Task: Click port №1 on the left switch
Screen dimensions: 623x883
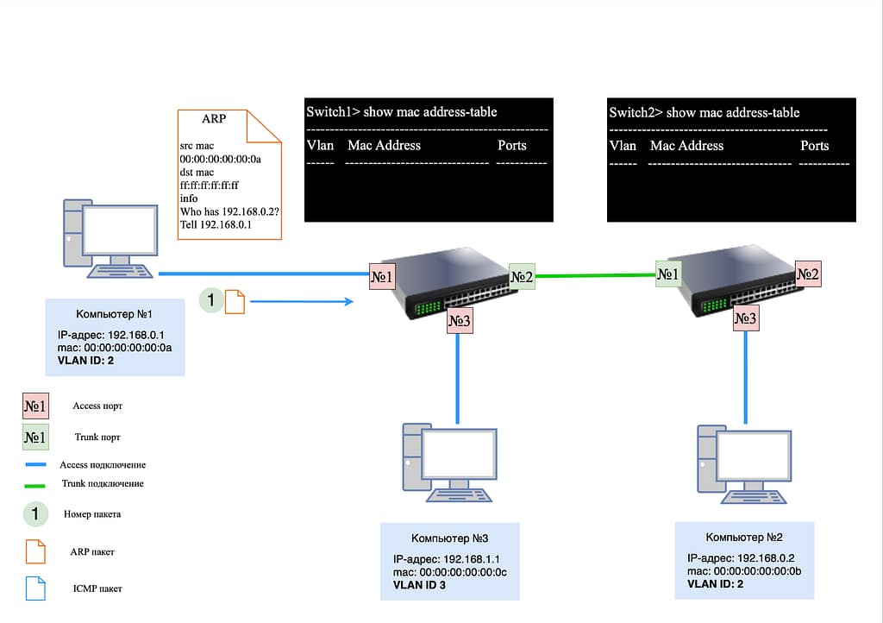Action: tap(382, 277)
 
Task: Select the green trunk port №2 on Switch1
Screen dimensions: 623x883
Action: tap(522, 277)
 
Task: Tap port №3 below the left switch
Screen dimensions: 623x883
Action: tap(460, 321)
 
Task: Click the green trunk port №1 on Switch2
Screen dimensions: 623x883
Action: tap(668, 275)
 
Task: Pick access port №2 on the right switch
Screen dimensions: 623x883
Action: tap(808, 275)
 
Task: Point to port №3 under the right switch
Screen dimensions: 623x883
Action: tap(746, 318)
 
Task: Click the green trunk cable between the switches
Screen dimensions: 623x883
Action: tap(595, 276)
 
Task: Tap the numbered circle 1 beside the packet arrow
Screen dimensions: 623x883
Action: tap(210, 300)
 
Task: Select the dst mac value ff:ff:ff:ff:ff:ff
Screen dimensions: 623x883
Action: tap(210, 185)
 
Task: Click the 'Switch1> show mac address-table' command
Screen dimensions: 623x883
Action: tap(402, 111)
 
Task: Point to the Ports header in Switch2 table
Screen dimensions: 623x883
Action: tap(814, 145)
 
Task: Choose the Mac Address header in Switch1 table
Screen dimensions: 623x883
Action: tap(384, 145)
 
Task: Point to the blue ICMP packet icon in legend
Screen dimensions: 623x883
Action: tap(34, 588)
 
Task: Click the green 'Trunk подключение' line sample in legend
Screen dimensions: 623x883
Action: tap(34, 484)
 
